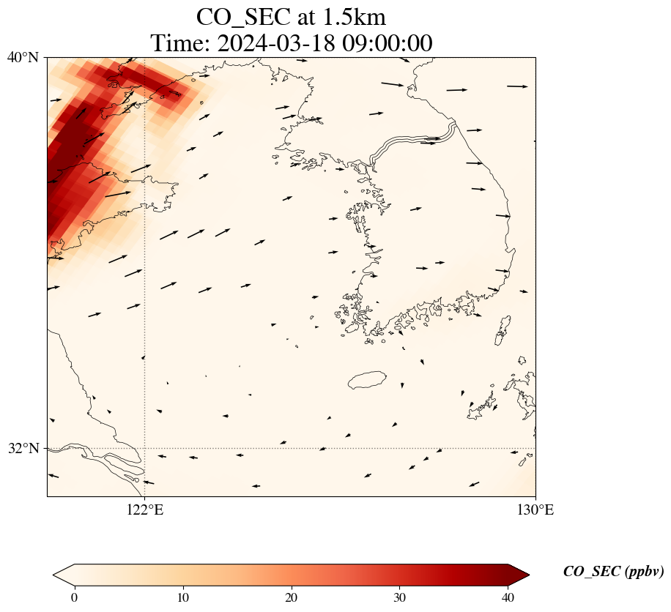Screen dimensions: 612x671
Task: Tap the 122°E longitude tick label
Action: click(145, 510)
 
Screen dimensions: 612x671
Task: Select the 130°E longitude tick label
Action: click(535, 510)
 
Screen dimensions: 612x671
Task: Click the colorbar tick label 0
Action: click(74, 597)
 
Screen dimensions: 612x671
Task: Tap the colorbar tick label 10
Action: click(183, 597)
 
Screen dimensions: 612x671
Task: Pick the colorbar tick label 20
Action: click(291, 597)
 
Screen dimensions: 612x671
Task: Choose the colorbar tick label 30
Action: click(399, 597)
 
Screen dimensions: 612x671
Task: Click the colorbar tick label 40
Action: click(508, 597)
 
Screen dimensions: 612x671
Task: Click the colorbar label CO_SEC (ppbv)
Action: click(613, 572)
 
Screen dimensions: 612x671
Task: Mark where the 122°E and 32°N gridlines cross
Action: click(145, 448)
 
